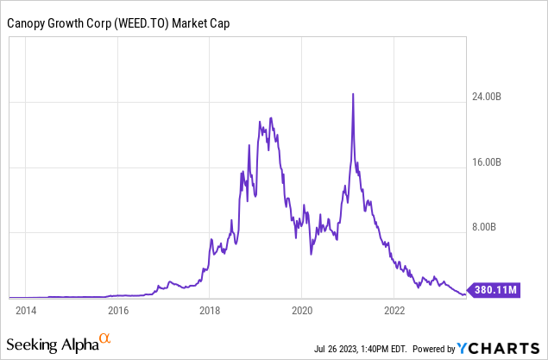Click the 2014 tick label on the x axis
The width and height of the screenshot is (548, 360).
point(25,309)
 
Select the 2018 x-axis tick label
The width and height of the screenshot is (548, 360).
point(210,309)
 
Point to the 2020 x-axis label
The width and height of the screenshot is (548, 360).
point(302,309)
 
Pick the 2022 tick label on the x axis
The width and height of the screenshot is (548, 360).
point(394,309)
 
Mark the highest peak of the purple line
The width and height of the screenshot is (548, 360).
point(353,93)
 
